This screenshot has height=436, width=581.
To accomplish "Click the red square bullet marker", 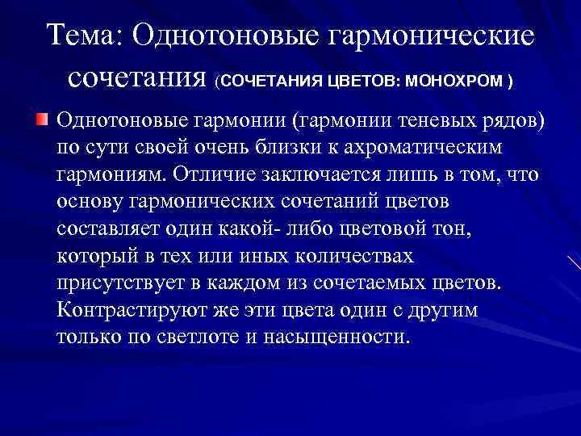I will click(42, 120).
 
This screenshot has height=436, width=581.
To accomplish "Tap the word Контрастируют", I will click(133, 311).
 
